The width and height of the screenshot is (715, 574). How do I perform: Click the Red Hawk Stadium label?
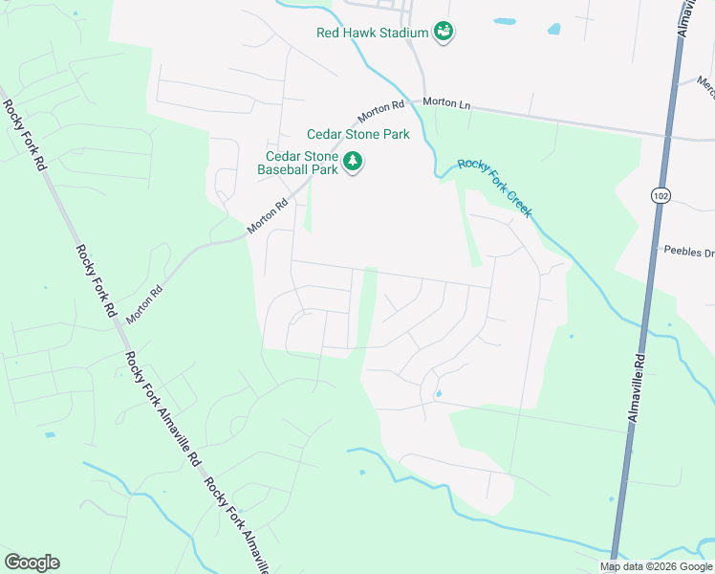(x=372, y=33)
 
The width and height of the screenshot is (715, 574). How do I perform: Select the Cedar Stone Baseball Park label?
(x=298, y=163)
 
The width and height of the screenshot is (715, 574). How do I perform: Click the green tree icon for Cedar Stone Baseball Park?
(x=354, y=162)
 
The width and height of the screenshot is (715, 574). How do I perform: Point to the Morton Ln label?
(x=447, y=101)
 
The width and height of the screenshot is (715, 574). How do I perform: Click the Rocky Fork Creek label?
(x=494, y=188)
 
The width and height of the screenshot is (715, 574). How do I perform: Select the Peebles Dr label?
(x=689, y=251)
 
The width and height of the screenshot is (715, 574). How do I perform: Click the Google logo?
(x=32, y=563)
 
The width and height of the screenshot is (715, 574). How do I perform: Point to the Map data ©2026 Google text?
(x=656, y=566)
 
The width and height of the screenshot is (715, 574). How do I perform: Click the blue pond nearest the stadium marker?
(x=504, y=21)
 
